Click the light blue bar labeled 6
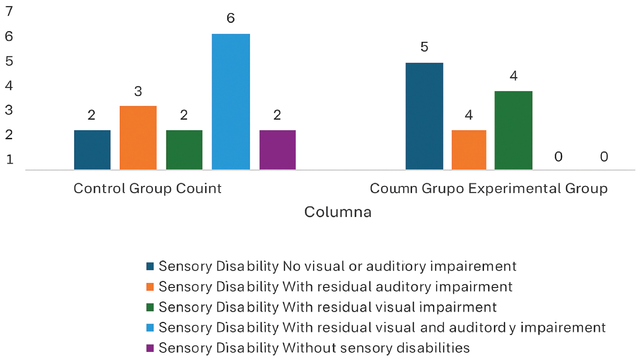pyautogui.click(x=231, y=102)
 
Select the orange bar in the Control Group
pyautogui.click(x=138, y=138)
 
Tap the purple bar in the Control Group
pyautogui.click(x=277, y=150)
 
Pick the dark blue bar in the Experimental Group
pyautogui.click(x=424, y=116)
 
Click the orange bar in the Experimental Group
pyautogui.click(x=469, y=150)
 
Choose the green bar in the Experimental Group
pyautogui.click(x=513, y=131)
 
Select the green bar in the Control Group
pyautogui.click(x=184, y=150)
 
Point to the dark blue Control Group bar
pyautogui.click(x=92, y=150)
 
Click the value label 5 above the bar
pyautogui.click(x=424, y=47)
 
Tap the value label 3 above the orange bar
pyautogui.click(x=138, y=91)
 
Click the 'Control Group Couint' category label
pyautogui.click(x=148, y=188)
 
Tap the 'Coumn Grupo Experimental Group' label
pyautogui.click(x=489, y=188)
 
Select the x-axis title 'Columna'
pyautogui.click(x=338, y=212)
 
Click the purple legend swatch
pyautogui.click(x=150, y=348)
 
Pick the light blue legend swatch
pyautogui.click(x=150, y=328)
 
